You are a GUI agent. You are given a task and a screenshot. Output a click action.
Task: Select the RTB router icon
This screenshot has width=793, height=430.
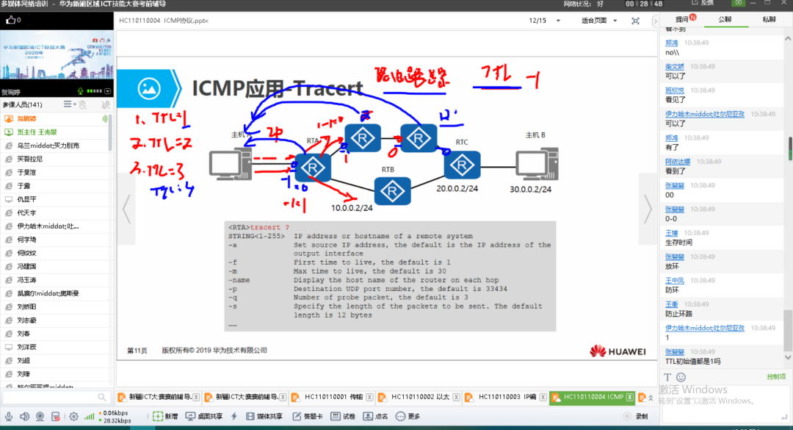tap(392, 192)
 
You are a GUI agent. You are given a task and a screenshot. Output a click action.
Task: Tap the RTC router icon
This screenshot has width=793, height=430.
tap(461, 166)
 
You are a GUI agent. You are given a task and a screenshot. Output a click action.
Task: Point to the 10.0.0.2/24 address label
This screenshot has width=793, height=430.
tap(351, 207)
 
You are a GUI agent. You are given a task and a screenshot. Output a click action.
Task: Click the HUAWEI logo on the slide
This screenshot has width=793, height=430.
tap(618, 351)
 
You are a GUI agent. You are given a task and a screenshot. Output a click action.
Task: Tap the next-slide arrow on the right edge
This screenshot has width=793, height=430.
tap(647, 209)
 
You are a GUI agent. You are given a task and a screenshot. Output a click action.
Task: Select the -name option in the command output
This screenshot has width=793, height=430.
tap(239, 280)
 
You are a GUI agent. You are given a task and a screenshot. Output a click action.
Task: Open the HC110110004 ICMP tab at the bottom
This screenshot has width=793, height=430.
tap(593, 397)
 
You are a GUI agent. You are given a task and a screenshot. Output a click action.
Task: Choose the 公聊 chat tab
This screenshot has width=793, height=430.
tap(725, 20)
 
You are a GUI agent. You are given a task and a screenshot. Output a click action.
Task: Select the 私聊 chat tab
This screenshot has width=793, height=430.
tap(769, 20)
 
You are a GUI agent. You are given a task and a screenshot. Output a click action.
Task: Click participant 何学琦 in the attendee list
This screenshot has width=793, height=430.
tap(26, 240)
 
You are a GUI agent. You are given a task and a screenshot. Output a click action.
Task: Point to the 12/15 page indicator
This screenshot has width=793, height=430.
tap(538, 21)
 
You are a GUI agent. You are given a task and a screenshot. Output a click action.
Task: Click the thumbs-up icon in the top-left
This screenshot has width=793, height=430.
tap(10, 21)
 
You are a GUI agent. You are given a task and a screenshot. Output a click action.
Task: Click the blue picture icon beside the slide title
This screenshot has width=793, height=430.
tap(149, 89)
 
